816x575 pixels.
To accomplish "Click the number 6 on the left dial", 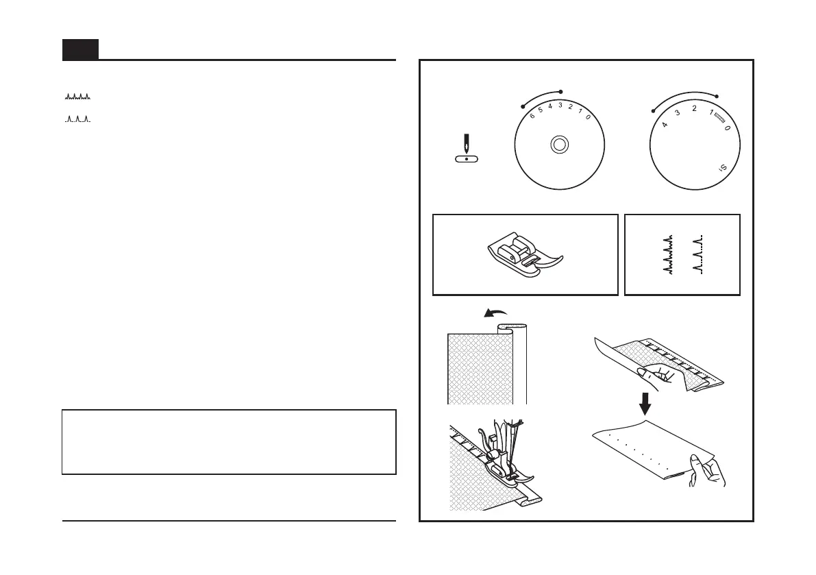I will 532,116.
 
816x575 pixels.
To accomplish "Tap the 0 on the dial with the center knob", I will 588,117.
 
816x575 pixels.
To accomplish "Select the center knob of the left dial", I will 559,145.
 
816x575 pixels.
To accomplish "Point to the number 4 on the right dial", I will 665,125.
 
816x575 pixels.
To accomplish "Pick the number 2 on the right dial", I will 693,109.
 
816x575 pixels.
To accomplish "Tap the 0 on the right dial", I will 727,128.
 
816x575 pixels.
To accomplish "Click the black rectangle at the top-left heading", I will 80,49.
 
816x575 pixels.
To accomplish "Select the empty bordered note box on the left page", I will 229,442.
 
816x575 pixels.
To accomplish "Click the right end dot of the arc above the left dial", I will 561,91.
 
